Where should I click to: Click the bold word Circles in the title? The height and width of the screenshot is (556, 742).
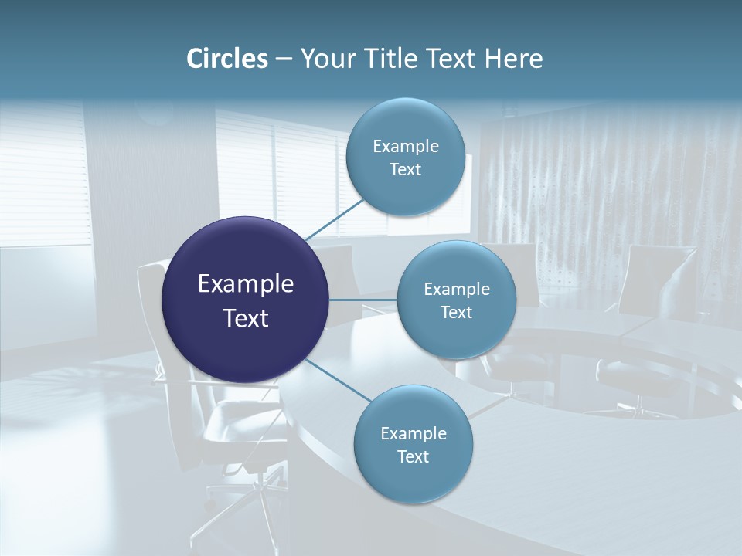click(226, 59)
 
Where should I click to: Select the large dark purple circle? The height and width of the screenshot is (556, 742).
click(246, 300)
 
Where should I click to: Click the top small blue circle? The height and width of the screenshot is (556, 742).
click(405, 158)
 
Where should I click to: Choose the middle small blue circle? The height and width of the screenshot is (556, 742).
click(456, 300)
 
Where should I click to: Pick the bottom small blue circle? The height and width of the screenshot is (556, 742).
click(413, 445)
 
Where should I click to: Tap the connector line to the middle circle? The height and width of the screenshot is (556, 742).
click(363, 299)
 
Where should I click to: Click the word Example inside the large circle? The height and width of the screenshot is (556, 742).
click(246, 283)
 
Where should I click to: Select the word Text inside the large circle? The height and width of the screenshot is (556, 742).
click(246, 318)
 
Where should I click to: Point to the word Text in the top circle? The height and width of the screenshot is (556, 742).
click(405, 170)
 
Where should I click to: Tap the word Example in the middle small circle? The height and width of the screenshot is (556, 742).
click(456, 289)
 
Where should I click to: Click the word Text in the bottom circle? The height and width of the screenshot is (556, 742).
click(413, 456)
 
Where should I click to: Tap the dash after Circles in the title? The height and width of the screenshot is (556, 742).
click(283, 59)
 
